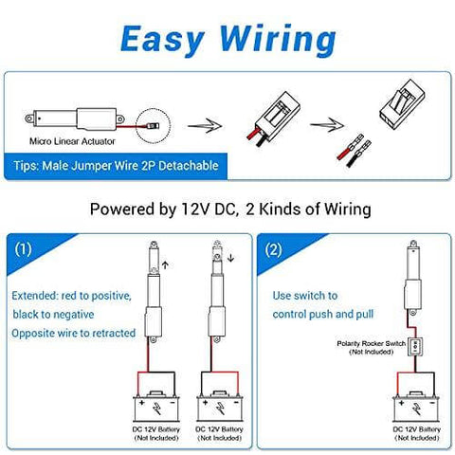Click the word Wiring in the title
coord(276,39)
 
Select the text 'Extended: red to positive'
coord(71,295)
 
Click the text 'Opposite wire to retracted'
coord(74,333)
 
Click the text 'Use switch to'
coord(305,296)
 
